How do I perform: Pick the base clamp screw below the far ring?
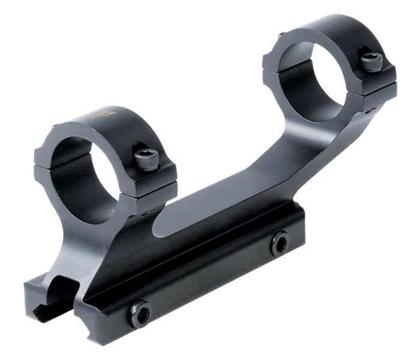279,242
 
